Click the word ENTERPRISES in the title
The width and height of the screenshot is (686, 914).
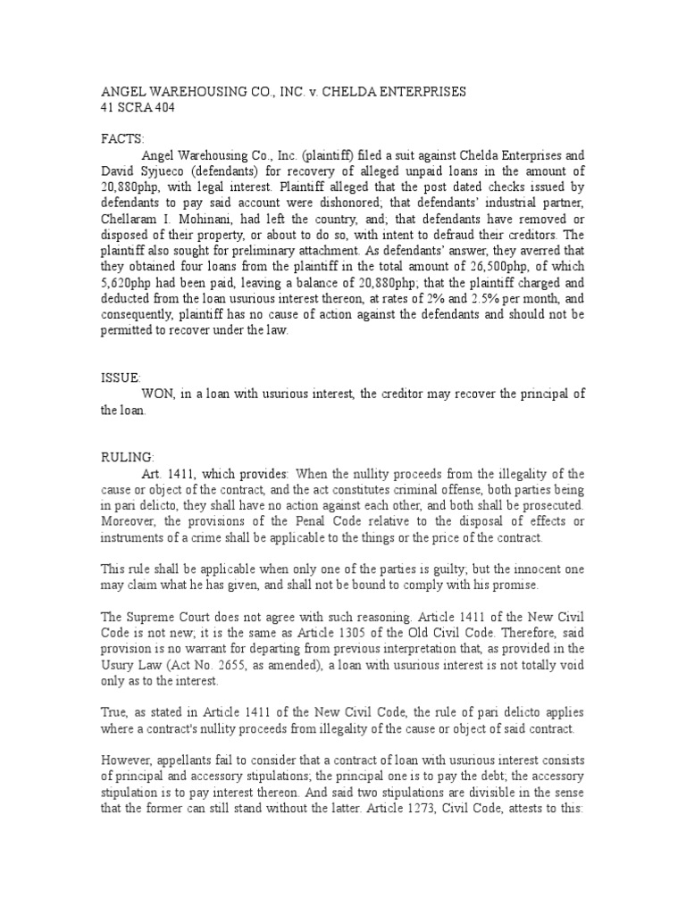422,92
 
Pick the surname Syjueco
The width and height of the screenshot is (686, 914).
164,170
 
